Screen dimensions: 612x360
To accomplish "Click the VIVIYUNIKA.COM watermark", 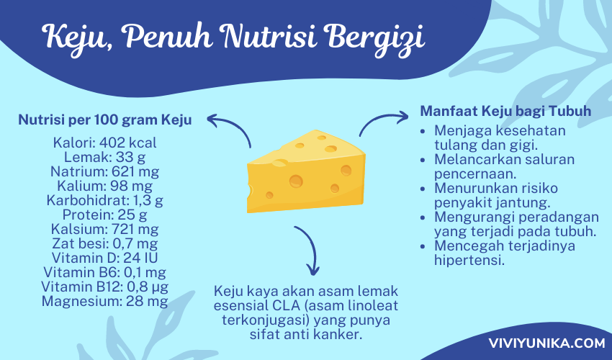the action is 546,343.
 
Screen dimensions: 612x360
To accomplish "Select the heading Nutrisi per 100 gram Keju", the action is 105,120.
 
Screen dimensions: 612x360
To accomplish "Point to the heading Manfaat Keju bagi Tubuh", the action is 505,111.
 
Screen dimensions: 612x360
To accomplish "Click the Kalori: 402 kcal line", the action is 104,143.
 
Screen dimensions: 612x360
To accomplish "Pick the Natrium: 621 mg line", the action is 104,171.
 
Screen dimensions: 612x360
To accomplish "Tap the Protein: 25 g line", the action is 104,215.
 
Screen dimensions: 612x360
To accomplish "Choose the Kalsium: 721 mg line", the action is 104,229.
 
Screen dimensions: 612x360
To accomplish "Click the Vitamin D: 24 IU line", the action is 104,258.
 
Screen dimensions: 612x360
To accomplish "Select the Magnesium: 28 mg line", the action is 104,302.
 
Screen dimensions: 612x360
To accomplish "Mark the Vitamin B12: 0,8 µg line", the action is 104,287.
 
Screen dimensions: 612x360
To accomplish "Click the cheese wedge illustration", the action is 306,172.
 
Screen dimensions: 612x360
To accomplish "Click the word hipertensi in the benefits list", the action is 469,261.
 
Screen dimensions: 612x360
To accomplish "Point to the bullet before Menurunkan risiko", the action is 423,189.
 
